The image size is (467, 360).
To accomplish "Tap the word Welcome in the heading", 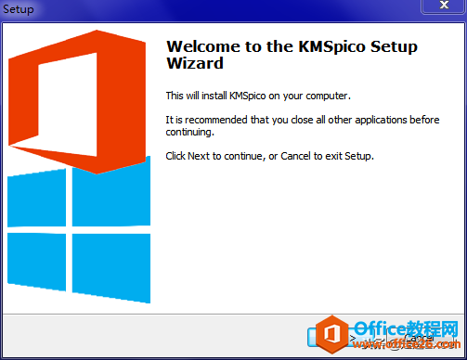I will [202, 46].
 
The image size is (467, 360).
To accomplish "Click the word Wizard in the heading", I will [194, 64].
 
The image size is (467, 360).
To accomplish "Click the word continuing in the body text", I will [189, 133].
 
